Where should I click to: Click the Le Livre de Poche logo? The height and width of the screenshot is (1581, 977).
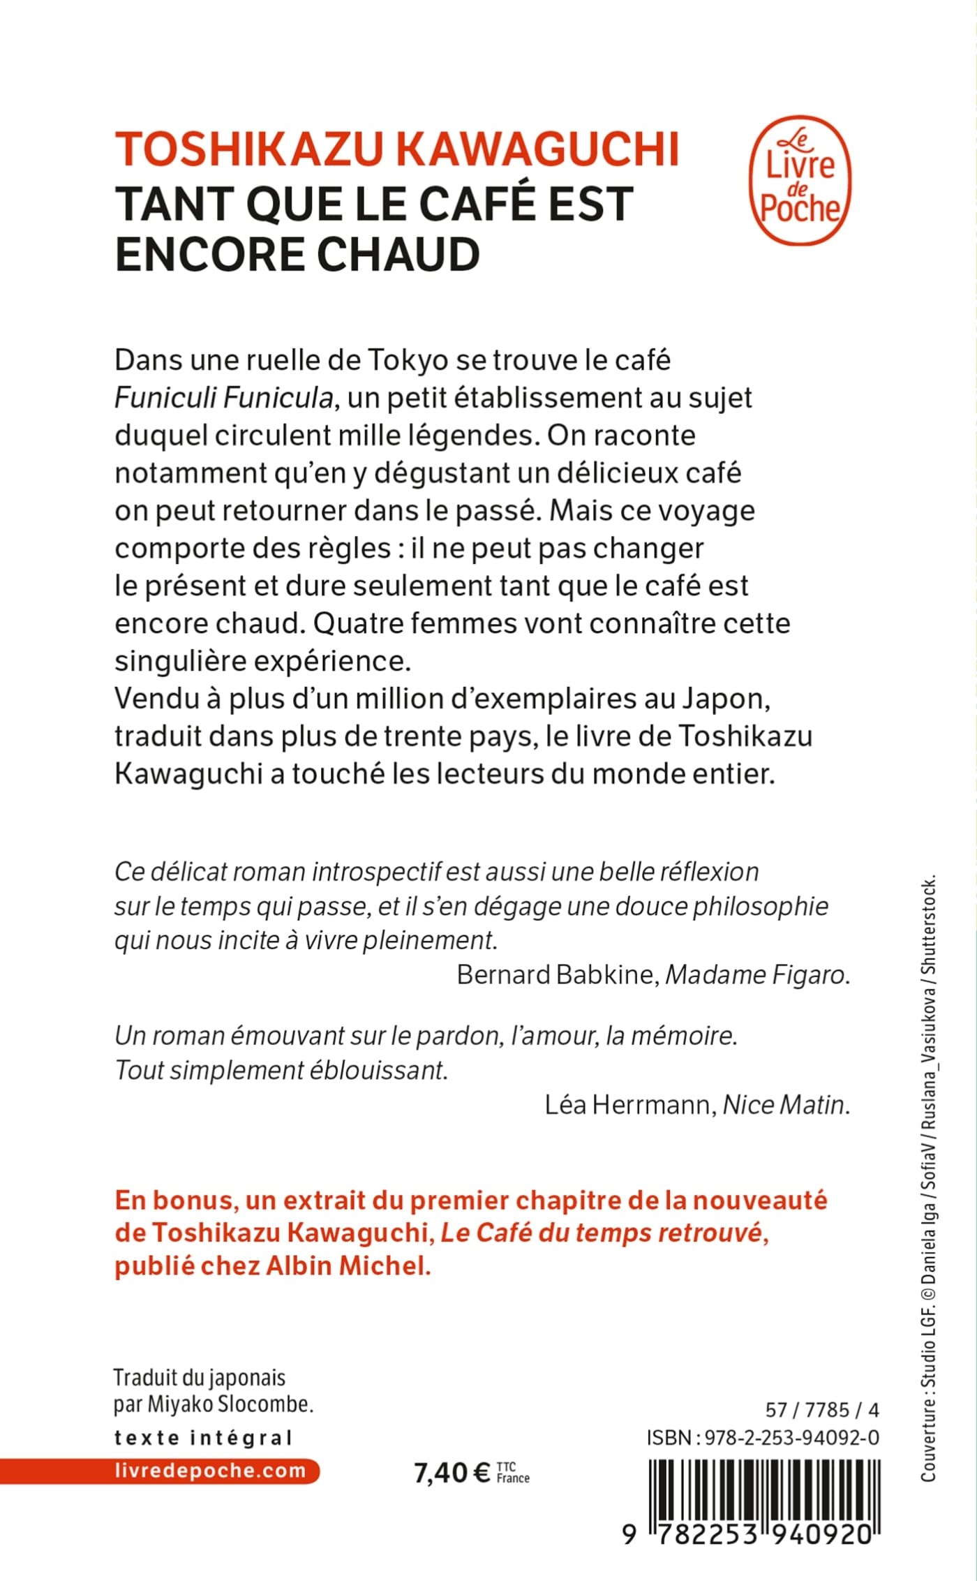pos(800,180)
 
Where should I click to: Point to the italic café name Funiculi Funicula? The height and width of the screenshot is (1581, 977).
pos(223,398)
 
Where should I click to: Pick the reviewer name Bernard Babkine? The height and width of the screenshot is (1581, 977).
pos(556,974)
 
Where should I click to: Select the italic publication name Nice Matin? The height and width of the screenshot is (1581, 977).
pos(784,1105)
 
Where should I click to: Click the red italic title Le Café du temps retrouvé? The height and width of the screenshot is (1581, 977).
pos(601,1233)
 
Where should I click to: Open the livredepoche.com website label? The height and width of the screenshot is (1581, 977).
pos(209,1471)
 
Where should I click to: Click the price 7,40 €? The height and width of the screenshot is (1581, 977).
pos(452,1473)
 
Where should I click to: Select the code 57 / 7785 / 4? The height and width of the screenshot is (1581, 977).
pos(821,1410)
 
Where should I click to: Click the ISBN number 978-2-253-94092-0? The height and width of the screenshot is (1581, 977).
pos(791,1438)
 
